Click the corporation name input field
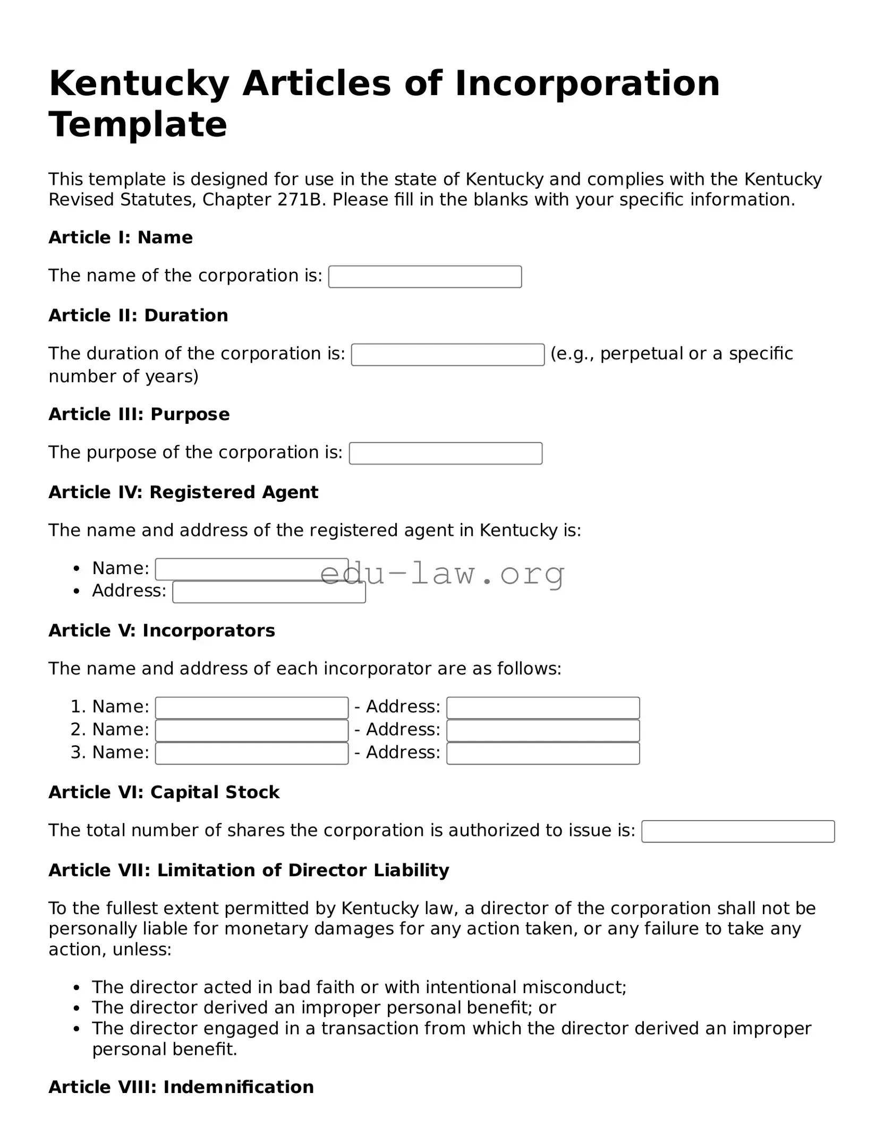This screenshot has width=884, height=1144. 425,277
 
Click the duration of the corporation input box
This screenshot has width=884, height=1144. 448,355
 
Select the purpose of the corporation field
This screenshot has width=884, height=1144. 446,454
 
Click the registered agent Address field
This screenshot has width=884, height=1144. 269,593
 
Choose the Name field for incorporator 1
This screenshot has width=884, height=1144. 252,708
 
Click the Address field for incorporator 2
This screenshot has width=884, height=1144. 543,731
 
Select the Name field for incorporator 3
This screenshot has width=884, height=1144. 252,754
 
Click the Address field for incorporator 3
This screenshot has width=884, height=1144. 543,754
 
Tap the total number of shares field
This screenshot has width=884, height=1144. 738,832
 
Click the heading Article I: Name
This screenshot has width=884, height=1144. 121,237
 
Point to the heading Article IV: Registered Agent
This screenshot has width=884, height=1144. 183,492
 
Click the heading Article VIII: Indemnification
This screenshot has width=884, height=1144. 181,1087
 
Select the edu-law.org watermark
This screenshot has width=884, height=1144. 442,574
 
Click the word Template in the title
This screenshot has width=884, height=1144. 138,125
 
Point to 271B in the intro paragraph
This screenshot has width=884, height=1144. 301,200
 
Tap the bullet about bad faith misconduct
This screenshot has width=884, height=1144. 359,987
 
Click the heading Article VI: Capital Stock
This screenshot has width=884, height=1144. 164,792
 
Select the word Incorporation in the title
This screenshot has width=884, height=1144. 587,83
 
